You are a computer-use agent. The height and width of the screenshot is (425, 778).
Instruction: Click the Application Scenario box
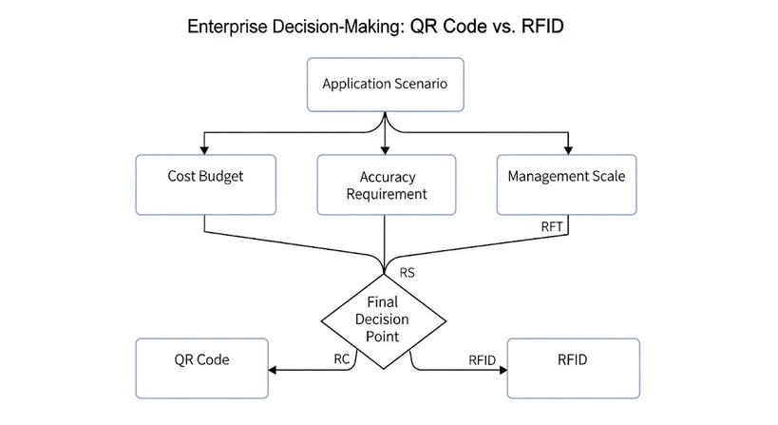tap(385, 85)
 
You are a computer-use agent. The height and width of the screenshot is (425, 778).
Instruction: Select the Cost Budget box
tap(205, 184)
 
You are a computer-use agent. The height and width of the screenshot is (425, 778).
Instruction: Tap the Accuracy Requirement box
tap(386, 184)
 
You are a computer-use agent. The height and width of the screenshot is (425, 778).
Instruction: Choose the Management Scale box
tap(566, 184)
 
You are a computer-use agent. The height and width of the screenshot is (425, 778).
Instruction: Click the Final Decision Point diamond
tap(384, 321)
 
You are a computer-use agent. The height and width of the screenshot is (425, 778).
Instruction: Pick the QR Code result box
tap(202, 368)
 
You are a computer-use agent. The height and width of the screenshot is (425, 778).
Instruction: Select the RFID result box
tap(573, 368)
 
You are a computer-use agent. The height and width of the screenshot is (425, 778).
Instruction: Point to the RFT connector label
tap(552, 227)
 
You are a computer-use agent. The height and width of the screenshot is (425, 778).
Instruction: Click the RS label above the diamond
tap(407, 273)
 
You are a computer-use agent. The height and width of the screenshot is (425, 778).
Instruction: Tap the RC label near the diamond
tap(342, 359)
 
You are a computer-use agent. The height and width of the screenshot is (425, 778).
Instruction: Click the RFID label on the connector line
tap(482, 360)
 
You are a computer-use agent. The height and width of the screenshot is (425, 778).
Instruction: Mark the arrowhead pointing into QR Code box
tap(272, 370)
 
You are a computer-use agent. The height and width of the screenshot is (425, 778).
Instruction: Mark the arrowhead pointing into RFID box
tap(503, 370)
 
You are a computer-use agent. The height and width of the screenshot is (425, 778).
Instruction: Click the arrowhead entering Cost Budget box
tap(204, 150)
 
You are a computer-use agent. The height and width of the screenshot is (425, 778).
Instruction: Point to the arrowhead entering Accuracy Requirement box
tap(385, 150)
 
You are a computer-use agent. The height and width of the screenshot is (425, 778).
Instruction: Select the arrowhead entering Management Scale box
tap(568, 150)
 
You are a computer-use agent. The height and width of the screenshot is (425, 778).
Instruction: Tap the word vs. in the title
tap(504, 27)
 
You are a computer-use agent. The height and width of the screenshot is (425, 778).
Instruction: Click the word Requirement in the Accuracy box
tap(387, 194)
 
